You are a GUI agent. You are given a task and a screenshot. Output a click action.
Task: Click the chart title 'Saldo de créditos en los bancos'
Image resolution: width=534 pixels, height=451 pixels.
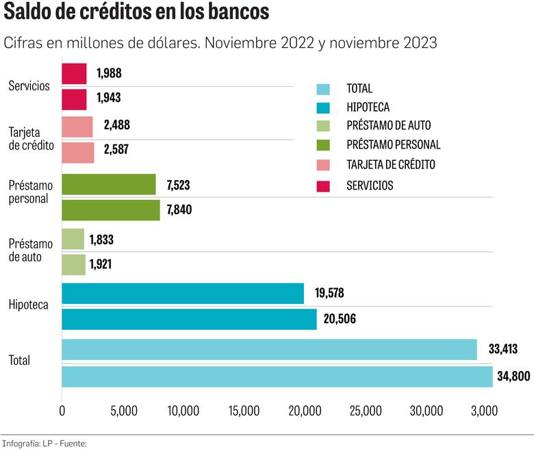[136, 14]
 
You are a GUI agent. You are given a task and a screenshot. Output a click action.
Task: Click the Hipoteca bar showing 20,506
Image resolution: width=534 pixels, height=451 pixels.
[189, 319]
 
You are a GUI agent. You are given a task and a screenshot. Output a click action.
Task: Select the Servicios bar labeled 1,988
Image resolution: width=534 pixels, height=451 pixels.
[74, 74]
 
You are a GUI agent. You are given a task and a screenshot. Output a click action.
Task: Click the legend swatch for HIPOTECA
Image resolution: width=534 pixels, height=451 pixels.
[323, 107]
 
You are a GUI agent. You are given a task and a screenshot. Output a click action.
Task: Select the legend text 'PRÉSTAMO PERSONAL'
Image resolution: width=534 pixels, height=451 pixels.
[393, 145]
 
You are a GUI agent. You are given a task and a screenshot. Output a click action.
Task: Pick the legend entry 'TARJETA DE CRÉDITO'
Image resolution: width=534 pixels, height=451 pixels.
[390, 165]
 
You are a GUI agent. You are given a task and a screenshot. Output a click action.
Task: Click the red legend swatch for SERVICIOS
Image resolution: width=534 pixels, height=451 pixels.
[323, 185]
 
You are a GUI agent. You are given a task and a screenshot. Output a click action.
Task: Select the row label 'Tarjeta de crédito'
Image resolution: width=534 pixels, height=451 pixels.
[31, 139]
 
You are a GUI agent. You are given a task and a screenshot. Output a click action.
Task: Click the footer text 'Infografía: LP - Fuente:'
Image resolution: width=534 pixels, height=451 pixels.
[44, 443]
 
